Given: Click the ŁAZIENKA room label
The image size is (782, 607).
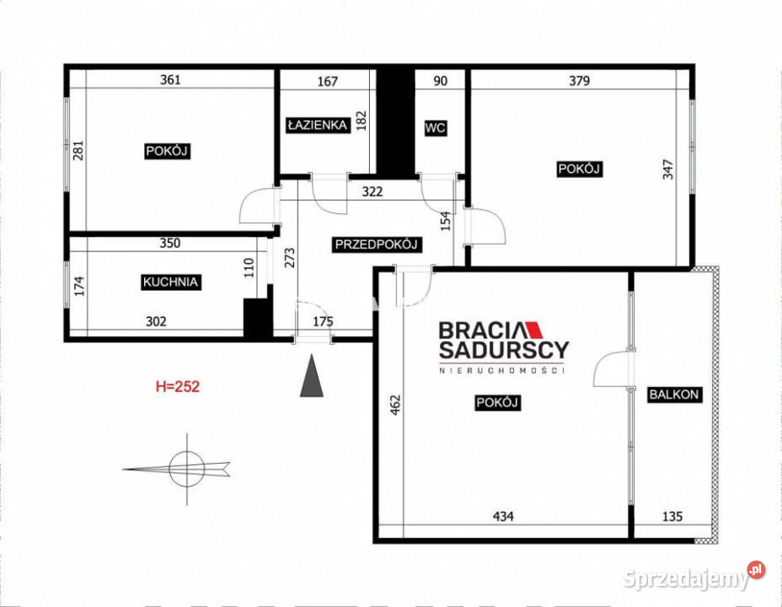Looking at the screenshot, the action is coord(318,125).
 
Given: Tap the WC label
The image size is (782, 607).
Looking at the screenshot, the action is coord(435,128).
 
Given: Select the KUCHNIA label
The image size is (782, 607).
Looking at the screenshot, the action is coord(170,282).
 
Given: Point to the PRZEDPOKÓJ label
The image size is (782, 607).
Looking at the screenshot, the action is coord(376,244).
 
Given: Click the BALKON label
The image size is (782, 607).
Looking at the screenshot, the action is coord(674,395).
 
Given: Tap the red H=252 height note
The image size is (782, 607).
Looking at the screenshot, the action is coord(178,387).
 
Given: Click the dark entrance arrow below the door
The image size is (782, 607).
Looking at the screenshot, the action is coord(312,375).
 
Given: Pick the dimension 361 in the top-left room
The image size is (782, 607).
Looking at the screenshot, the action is coord(170,80).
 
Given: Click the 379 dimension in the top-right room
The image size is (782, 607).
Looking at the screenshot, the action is coord(580,80).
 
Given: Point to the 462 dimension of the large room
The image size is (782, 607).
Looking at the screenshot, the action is coord(395,406).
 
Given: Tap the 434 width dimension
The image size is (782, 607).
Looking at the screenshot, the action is coord(503,517).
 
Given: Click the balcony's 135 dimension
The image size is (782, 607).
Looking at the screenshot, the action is coord(672,517).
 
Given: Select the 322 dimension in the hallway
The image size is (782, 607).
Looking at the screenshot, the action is coord(372,191).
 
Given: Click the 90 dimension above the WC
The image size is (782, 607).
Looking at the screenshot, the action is coord(441,81).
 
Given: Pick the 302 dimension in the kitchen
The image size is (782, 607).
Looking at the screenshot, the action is coord(156,322).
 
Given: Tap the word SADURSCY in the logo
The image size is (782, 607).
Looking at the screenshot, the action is coord(504,350).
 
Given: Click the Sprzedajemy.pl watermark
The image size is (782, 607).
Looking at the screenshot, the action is coord(694,577).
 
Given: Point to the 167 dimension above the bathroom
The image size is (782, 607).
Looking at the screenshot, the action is coord(328,81).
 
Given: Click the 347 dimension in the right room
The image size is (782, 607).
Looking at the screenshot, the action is coord(667,169).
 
